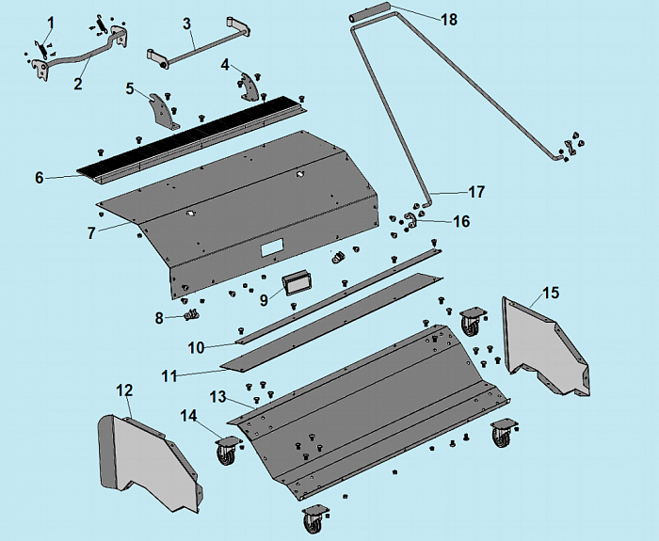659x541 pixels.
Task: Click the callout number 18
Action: coord(449,20)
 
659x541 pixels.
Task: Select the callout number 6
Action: coord(39,177)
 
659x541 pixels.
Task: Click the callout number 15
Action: coord(551,293)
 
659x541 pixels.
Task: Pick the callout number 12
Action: coord(124,390)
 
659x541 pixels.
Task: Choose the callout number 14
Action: coord(190,414)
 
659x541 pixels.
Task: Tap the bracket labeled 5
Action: coord(164,111)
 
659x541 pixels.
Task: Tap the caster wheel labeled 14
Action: coord(228,450)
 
